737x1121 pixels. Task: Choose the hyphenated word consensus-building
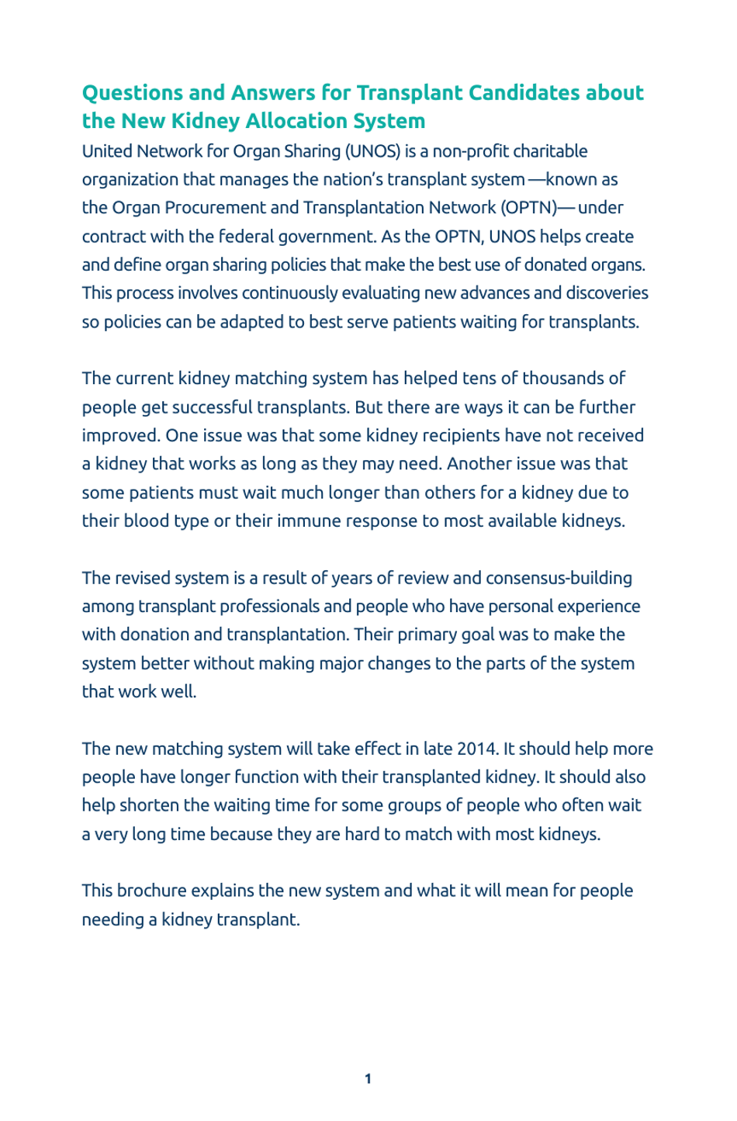pyautogui.click(x=559, y=578)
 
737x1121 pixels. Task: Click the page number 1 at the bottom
pyautogui.click(x=368, y=1079)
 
